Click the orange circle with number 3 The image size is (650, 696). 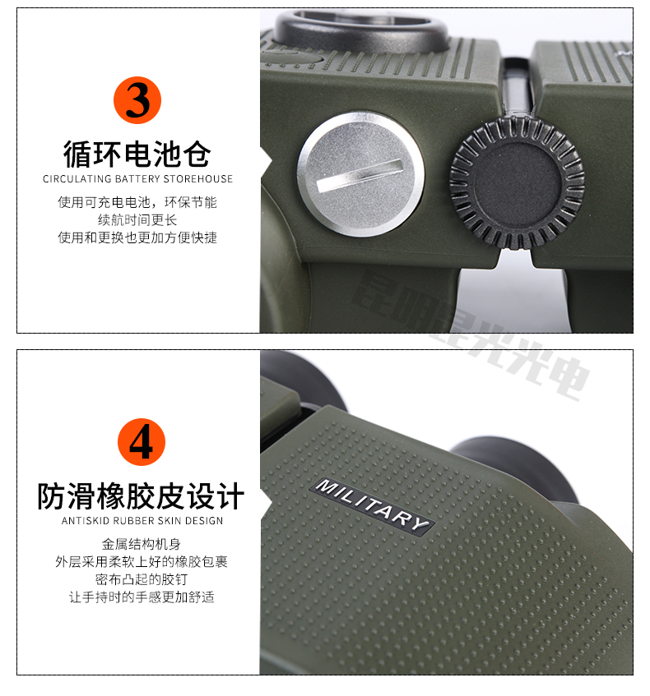[137, 100]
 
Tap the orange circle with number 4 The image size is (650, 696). [142, 442]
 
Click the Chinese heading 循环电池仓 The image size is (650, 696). [137, 154]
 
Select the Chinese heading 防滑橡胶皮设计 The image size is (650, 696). [141, 496]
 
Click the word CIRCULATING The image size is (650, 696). [77, 179]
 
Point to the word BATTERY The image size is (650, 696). [137, 179]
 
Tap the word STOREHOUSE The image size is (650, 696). [198, 179]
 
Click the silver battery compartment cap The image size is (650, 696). [360, 173]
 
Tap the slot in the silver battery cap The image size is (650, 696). [360, 175]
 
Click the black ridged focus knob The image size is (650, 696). [517, 182]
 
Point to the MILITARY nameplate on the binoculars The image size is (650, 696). [372, 505]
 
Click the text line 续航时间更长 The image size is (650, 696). [137, 219]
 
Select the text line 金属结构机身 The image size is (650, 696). [142, 544]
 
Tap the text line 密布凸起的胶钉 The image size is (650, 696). [142, 579]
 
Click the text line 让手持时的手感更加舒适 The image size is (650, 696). [142, 597]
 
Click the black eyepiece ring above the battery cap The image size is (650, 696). [362, 31]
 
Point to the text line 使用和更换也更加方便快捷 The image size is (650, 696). [137, 237]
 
